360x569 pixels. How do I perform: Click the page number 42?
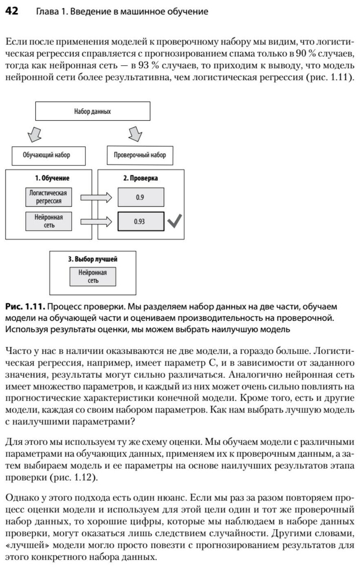tap(11, 11)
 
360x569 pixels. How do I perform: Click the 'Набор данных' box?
tap(92, 111)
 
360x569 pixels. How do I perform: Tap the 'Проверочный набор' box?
tap(140, 155)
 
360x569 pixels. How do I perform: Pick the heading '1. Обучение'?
tap(52, 178)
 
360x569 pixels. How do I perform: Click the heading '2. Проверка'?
tap(140, 178)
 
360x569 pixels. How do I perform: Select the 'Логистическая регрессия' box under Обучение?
tap(48, 197)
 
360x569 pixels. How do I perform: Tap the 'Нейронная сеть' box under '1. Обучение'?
tap(48, 221)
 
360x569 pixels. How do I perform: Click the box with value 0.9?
tap(140, 198)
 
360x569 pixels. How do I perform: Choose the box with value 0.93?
tap(140, 222)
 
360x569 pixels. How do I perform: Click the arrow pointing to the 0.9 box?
tap(96, 198)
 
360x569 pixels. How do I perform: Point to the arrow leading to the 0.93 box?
tap(96, 222)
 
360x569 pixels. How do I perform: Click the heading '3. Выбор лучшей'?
tap(93, 259)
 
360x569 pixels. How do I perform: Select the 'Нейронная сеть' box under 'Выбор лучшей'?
tap(92, 277)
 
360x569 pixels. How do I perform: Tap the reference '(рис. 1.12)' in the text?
tap(73, 478)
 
